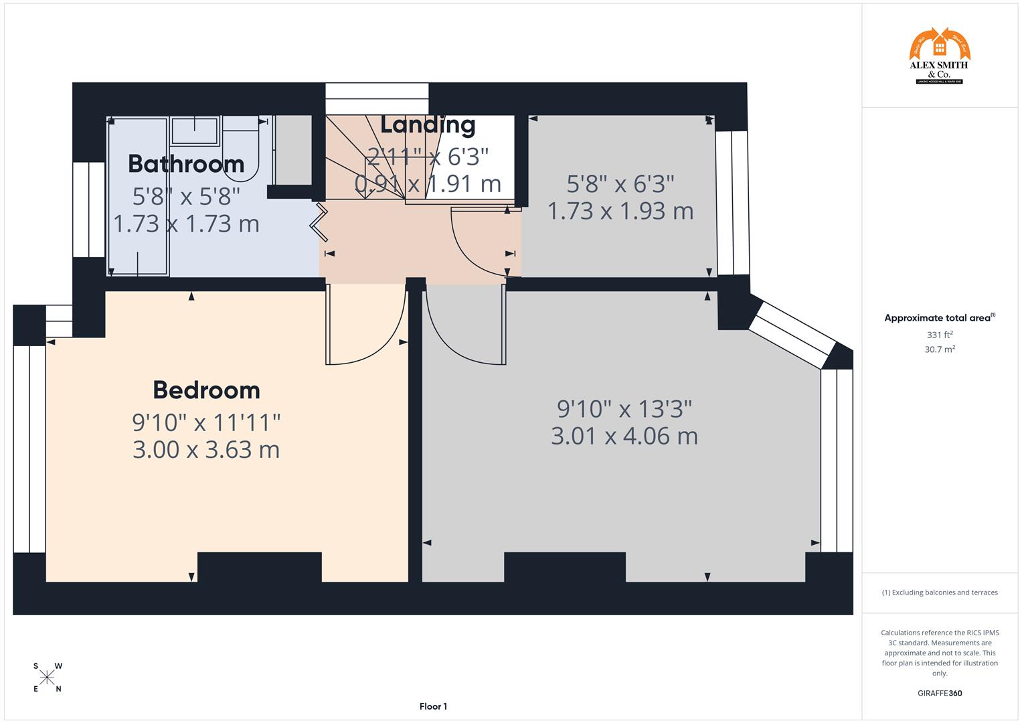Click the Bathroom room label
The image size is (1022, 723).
click(186, 164)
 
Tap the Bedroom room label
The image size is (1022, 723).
click(206, 390)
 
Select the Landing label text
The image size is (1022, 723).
click(428, 125)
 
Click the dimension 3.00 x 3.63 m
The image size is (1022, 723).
click(206, 450)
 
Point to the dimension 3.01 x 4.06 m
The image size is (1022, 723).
click(624, 436)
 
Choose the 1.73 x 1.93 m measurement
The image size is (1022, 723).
click(620, 212)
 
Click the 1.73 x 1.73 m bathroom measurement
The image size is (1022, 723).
click(186, 224)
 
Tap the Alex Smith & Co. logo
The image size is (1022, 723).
click(939, 56)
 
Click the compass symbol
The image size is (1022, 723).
click(47, 677)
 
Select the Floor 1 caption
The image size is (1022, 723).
click(433, 706)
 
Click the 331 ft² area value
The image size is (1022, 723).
click(939, 335)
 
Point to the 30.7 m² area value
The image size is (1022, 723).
click(939, 349)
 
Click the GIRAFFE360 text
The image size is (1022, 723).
click(939, 694)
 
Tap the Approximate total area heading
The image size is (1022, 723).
click(939, 319)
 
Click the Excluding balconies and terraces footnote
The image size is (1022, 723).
click(939, 592)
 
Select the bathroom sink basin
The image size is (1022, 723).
click(195, 131)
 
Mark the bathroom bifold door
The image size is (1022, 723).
click(319, 224)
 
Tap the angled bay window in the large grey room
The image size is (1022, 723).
click(792, 335)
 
